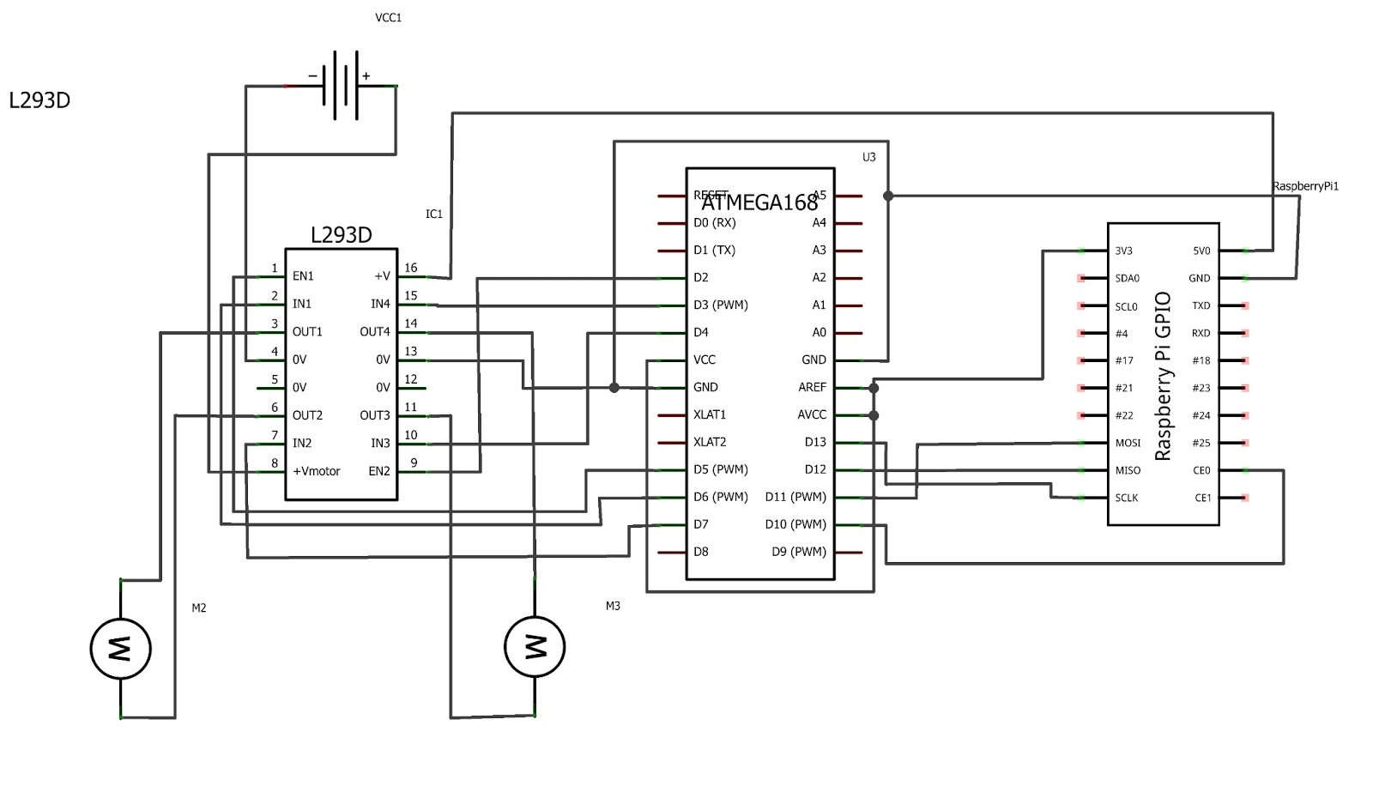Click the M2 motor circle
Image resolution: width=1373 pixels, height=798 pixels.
coord(121,649)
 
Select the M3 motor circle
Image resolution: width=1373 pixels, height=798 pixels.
coord(535,647)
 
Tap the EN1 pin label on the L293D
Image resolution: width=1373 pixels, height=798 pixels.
coord(303,276)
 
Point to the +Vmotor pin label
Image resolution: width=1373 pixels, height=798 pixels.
coord(317,471)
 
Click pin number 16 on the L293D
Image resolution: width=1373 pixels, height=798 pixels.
coord(411,268)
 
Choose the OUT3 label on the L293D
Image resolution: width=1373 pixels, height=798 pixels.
coord(375,415)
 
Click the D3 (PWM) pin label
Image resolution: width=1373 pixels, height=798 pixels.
coord(721,305)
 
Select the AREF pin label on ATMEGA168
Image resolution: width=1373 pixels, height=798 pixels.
coord(812,387)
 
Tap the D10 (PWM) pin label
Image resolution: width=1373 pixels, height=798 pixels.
coord(795,524)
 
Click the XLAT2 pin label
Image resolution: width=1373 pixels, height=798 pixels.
coord(710,442)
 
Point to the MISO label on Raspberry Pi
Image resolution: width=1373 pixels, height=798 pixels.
coord(1128,470)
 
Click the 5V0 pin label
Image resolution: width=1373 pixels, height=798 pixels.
coord(1201,251)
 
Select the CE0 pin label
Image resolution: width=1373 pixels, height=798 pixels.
coord(1201,470)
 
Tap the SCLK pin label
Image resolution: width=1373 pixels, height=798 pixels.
coord(1127,498)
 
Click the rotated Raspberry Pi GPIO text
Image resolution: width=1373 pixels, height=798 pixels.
coord(1163,376)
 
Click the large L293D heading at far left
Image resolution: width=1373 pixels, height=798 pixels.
coord(39,100)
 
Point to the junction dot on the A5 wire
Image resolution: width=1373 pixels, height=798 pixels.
coord(888,196)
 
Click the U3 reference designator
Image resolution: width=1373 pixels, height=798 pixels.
coord(868,157)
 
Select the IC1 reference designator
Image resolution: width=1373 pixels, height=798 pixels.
coord(434,214)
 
